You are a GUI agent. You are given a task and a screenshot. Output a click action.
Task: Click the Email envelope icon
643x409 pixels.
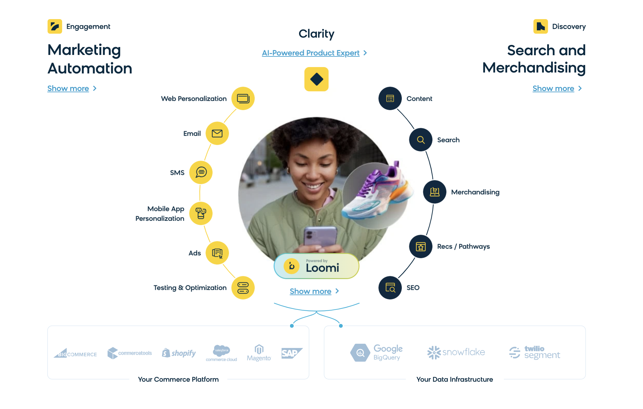click(217, 134)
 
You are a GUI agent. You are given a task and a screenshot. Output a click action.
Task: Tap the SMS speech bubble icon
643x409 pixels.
click(201, 172)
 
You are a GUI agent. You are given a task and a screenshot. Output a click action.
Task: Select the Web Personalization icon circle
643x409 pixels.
click(243, 99)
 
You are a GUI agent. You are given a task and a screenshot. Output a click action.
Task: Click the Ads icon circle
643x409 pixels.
click(217, 253)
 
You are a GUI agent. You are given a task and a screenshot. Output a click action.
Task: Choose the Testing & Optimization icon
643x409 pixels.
click(243, 288)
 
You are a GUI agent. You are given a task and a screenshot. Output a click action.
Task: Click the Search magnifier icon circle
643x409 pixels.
click(421, 140)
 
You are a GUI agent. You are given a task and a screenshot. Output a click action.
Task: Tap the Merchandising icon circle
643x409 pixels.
click(435, 192)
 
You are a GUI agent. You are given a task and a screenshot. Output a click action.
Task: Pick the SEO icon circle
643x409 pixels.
click(390, 288)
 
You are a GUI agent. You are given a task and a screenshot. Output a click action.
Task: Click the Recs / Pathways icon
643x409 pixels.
click(421, 246)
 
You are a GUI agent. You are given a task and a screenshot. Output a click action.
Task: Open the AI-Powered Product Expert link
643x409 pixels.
click(311, 53)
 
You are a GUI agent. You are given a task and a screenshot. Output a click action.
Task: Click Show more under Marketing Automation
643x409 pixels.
click(68, 88)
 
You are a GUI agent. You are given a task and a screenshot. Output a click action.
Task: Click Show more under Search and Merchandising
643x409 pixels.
click(553, 88)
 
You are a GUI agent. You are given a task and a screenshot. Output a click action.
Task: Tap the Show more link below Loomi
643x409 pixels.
click(311, 291)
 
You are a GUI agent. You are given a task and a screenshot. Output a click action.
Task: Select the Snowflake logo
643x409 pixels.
click(456, 352)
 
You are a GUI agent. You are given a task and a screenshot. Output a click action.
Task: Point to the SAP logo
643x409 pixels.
click(291, 353)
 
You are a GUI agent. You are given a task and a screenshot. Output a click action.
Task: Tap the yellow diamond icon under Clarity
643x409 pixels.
click(316, 79)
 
